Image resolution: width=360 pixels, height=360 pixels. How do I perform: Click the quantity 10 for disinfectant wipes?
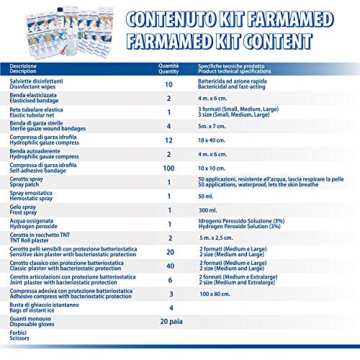169,85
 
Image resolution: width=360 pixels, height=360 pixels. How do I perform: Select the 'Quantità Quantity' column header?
168,68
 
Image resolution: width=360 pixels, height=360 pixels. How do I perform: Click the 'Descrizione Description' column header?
26,68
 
